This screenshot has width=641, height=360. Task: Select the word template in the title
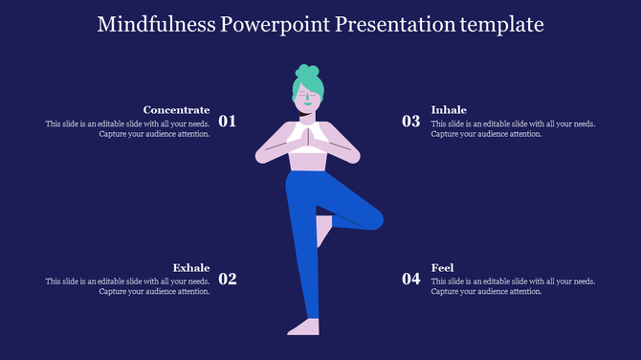pyautogui.click(x=498, y=23)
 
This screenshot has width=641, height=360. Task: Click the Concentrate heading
pyautogui.click(x=176, y=110)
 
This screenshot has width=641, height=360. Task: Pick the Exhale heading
pyautogui.click(x=191, y=267)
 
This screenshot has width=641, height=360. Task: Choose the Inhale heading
pyautogui.click(x=449, y=110)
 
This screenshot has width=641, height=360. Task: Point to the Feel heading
pyautogui.click(x=442, y=267)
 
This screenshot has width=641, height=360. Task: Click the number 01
pyautogui.click(x=228, y=122)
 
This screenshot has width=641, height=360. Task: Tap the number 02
pyautogui.click(x=228, y=280)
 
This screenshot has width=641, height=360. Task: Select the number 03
pyautogui.click(x=410, y=122)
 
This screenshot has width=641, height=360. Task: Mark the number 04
pyautogui.click(x=410, y=280)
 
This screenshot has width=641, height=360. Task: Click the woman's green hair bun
pyautogui.click(x=307, y=72)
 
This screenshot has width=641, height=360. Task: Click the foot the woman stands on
pyautogui.click(x=304, y=327)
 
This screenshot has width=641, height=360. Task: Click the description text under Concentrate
pyautogui.click(x=127, y=129)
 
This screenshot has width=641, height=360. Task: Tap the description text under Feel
pyautogui.click(x=513, y=286)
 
